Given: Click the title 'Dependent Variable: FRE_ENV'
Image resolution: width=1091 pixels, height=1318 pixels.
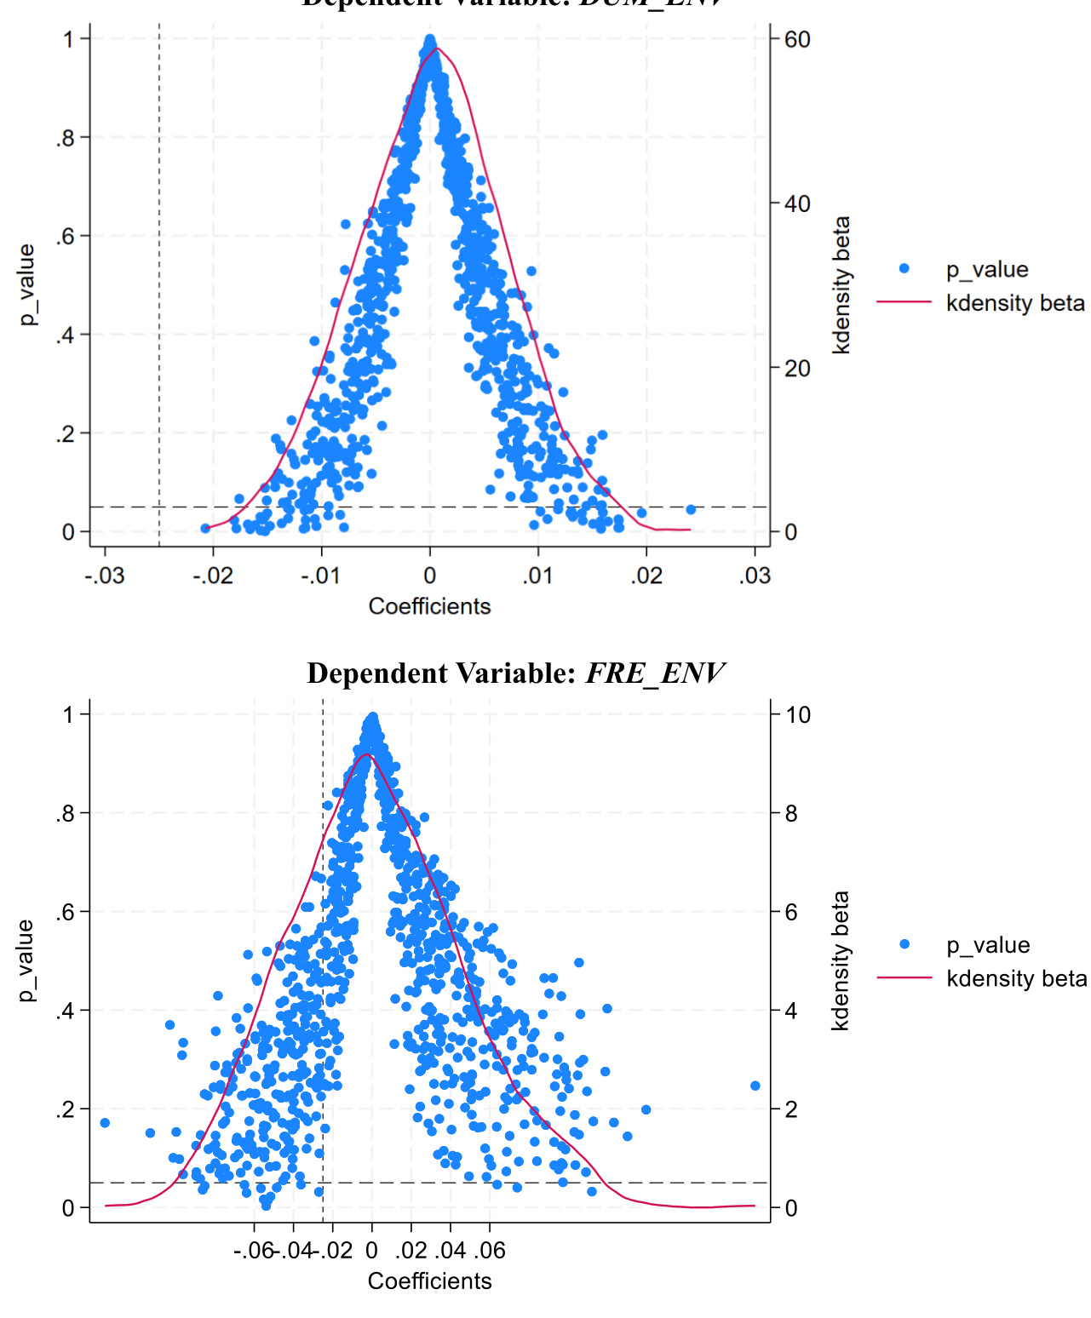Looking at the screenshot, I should coord(515,673).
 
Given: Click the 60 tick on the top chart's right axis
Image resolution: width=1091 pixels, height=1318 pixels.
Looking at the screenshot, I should coord(797,39).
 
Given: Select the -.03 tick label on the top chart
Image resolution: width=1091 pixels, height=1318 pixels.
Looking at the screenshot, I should coord(105,576).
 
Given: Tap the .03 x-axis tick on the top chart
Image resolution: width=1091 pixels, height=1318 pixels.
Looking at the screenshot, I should coord(755,576).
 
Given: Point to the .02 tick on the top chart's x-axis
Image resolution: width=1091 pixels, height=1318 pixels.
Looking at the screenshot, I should coord(646,576).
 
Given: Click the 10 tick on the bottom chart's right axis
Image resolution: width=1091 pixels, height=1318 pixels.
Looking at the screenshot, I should coord(798,714).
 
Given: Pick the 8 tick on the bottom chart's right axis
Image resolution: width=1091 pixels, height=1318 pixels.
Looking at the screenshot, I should coord(791,813).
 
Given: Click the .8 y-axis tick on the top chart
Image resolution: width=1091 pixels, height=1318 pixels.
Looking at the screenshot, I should coord(66,138).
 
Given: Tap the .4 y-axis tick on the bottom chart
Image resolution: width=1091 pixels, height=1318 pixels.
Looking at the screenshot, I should coord(66,1011).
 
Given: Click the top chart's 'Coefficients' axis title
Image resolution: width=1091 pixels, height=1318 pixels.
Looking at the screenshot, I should coord(429,606).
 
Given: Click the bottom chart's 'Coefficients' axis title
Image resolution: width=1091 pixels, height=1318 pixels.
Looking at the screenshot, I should coord(429,1281).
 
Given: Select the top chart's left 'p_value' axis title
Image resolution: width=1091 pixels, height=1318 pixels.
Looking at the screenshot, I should coord(27,284).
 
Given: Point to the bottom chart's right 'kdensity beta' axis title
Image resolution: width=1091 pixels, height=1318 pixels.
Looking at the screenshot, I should coord(841,960).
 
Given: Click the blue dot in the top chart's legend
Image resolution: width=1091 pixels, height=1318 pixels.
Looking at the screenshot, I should coord(904,269).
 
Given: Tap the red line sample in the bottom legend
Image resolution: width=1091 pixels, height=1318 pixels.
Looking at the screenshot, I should coord(904,978).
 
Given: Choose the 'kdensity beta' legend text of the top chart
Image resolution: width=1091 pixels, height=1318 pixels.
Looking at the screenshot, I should coord(1015,303).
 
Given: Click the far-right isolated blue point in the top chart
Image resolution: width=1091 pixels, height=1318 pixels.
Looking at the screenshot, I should coord(691,509).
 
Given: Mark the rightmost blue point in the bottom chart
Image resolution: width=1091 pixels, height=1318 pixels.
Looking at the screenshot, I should coord(755,1086).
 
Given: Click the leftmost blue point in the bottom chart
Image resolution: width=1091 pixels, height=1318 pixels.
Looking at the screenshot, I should coord(105,1123).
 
